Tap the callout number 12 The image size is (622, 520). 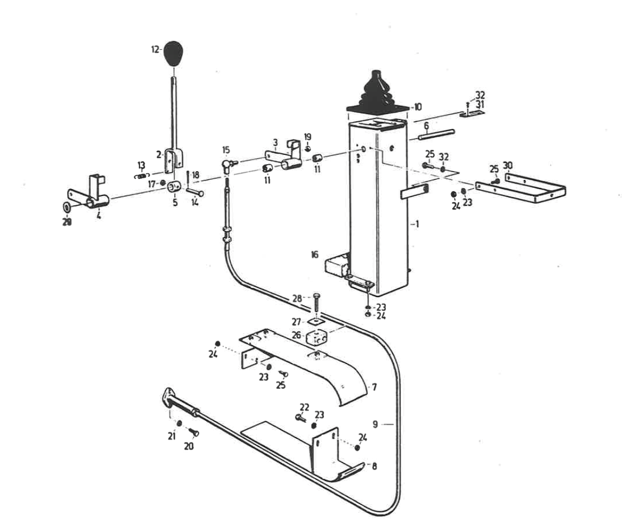coord(155,49)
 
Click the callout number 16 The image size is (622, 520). coord(315,255)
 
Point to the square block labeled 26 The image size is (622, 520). coord(316,337)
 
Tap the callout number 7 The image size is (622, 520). coord(374,388)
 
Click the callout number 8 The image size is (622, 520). coord(374,465)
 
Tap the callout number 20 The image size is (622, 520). coord(188,446)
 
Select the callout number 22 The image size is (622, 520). coord(305,407)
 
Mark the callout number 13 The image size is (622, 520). coord(141,165)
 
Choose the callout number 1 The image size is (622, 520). coord(416,223)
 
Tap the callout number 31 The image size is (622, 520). coord(480,104)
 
